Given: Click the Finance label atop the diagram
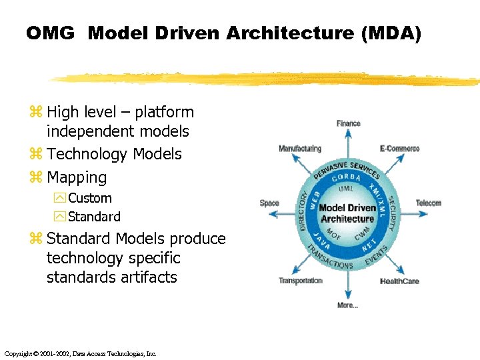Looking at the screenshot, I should tap(348, 123).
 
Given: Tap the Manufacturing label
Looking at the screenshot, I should tap(299, 149).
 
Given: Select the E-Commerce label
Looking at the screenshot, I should tap(399, 149).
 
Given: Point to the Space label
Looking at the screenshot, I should tap(269, 203).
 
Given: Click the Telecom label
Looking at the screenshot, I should tap(428, 203).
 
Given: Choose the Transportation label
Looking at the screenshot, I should tap(300, 281).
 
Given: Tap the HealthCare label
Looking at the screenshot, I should tap(399, 281).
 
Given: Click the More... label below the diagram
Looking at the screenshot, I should tap(347, 305).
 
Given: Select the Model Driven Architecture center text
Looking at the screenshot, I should tap(347, 213).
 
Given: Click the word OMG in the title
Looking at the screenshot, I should tap(50, 33).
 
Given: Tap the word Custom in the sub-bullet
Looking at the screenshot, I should tap(90, 198).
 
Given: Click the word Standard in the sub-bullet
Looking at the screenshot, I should tap(94, 217).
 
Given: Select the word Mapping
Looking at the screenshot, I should tap(77, 178).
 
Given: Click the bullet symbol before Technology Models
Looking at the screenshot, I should tap(35, 155).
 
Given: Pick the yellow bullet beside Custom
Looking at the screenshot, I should tap(60, 198).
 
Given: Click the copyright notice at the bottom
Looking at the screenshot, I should tap(79, 353).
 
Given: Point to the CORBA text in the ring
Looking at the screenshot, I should tap(346, 177).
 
